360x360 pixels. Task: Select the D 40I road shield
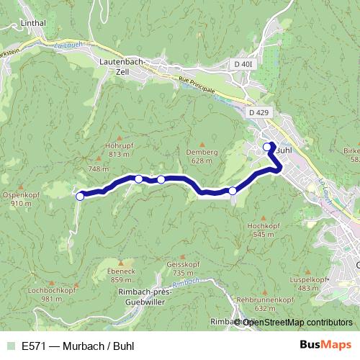[244, 65]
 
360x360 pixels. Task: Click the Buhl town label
[283, 150]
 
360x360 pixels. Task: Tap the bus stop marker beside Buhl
[268, 147]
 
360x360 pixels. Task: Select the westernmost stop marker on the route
[80, 195]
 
